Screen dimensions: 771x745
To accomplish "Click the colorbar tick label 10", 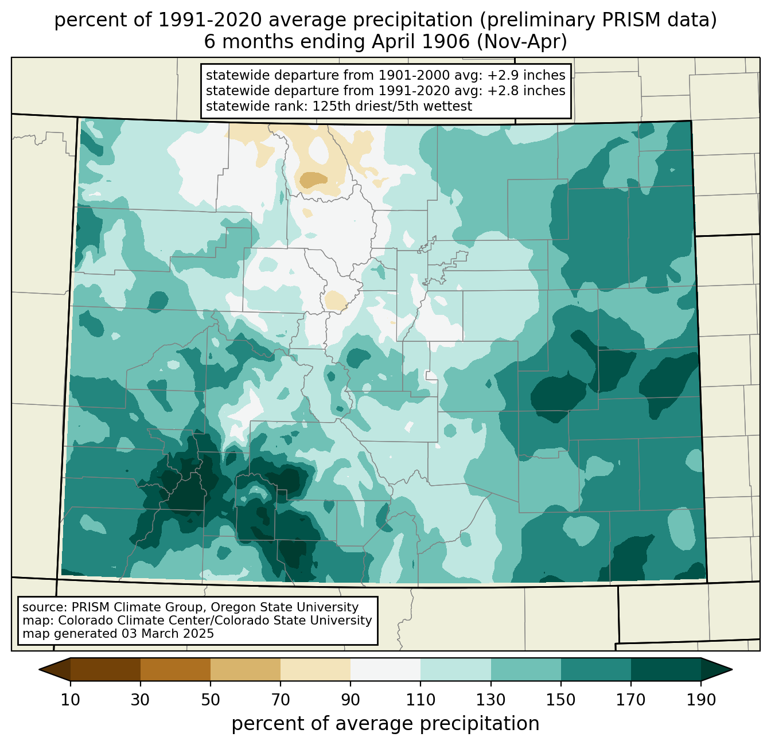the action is [x=70, y=700].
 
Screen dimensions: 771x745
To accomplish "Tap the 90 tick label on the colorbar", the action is [x=351, y=700].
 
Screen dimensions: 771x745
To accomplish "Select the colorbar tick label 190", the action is [x=701, y=700].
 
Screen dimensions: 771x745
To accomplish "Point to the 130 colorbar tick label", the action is [x=491, y=700].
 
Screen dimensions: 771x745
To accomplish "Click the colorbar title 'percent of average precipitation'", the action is [x=385, y=724].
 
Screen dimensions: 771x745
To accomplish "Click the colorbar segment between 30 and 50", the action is [x=175, y=670].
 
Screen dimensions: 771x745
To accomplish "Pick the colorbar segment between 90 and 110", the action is [x=385, y=670].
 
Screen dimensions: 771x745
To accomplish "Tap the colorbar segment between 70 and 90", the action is [x=316, y=670].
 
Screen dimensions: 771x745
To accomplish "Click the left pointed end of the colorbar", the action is [x=40, y=670].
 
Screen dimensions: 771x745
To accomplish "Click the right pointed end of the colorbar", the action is [x=731, y=670].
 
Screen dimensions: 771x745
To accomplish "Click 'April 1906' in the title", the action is [x=420, y=42].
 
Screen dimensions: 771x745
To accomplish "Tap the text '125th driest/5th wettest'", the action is [x=392, y=106].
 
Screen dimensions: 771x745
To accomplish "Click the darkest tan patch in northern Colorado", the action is [x=313, y=180].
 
